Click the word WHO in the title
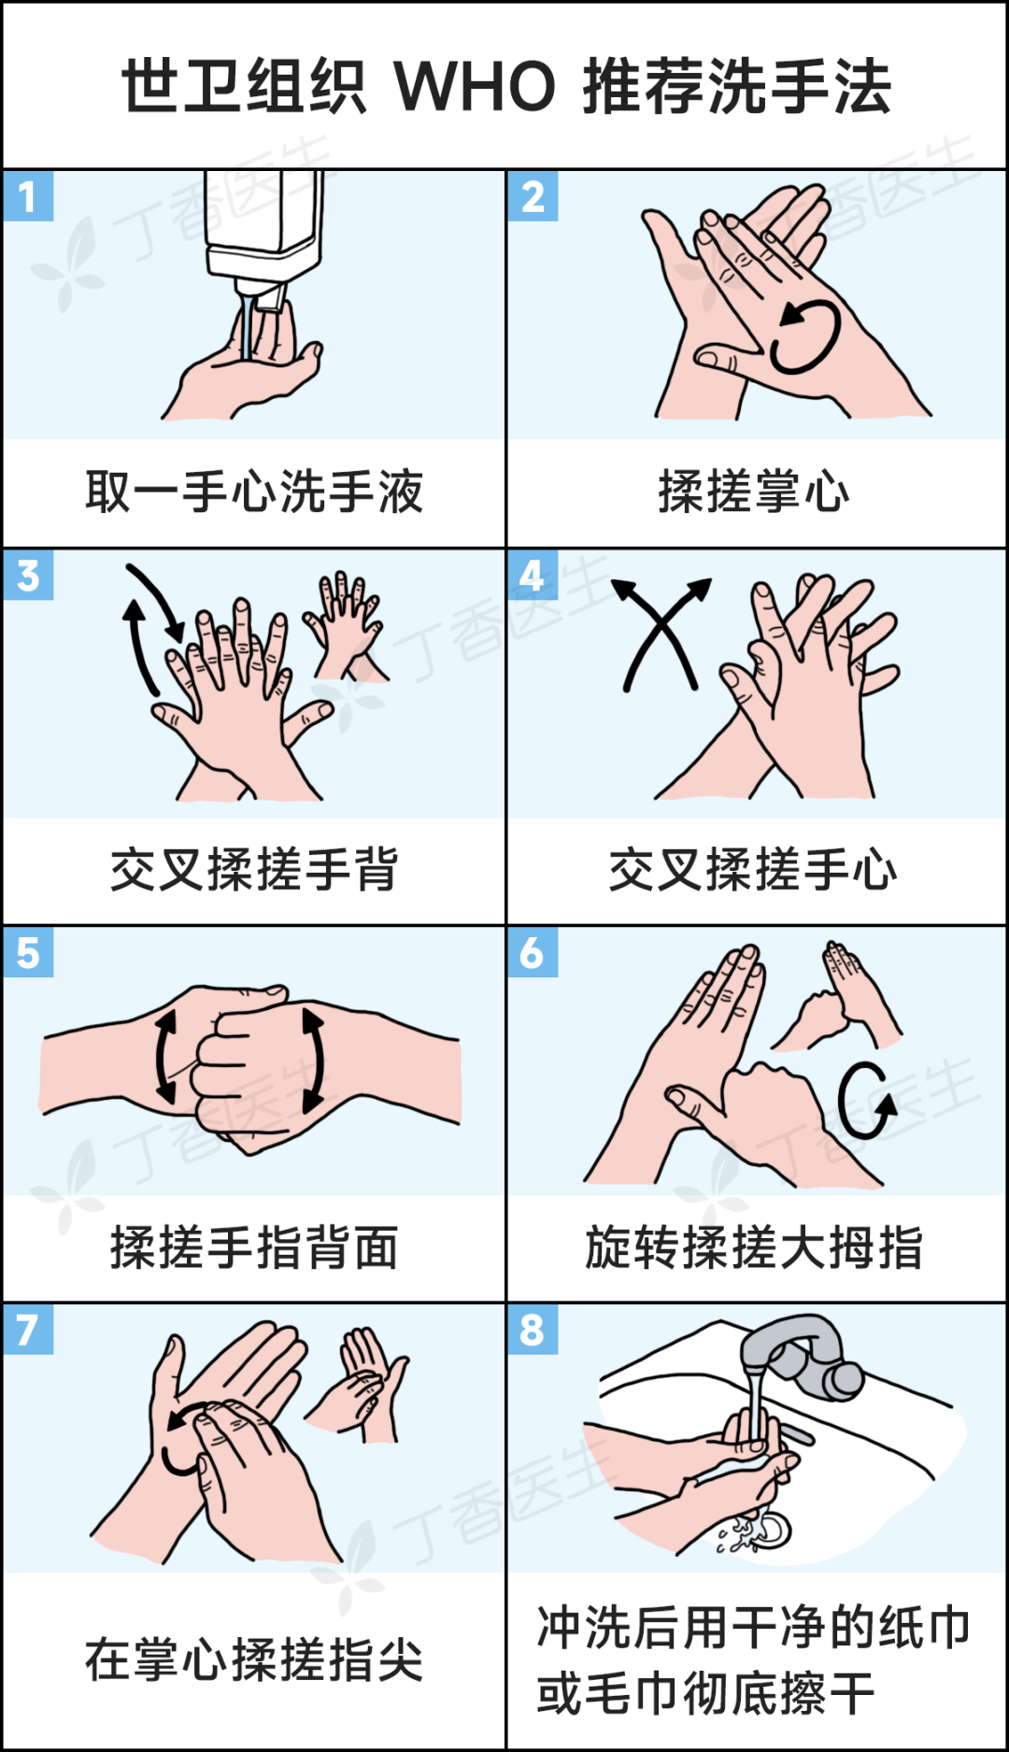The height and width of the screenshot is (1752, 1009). tap(475, 86)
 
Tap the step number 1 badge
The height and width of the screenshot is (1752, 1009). tap(28, 196)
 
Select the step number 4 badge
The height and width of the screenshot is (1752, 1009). tap(533, 575)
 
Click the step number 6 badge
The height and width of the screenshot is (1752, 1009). tap(533, 952)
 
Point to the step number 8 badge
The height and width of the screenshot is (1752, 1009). tap(533, 1329)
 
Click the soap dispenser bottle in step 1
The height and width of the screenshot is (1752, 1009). tap(263, 234)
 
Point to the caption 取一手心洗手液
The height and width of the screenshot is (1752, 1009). tap(254, 491)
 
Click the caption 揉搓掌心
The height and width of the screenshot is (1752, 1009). tap(754, 491)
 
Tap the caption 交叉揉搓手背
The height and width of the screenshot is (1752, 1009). tap(254, 870)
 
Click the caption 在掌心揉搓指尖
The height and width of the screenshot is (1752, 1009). tap(254, 1660)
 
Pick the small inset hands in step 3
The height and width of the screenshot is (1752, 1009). tap(345, 626)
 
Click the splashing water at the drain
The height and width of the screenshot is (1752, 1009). tap(755, 1530)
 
